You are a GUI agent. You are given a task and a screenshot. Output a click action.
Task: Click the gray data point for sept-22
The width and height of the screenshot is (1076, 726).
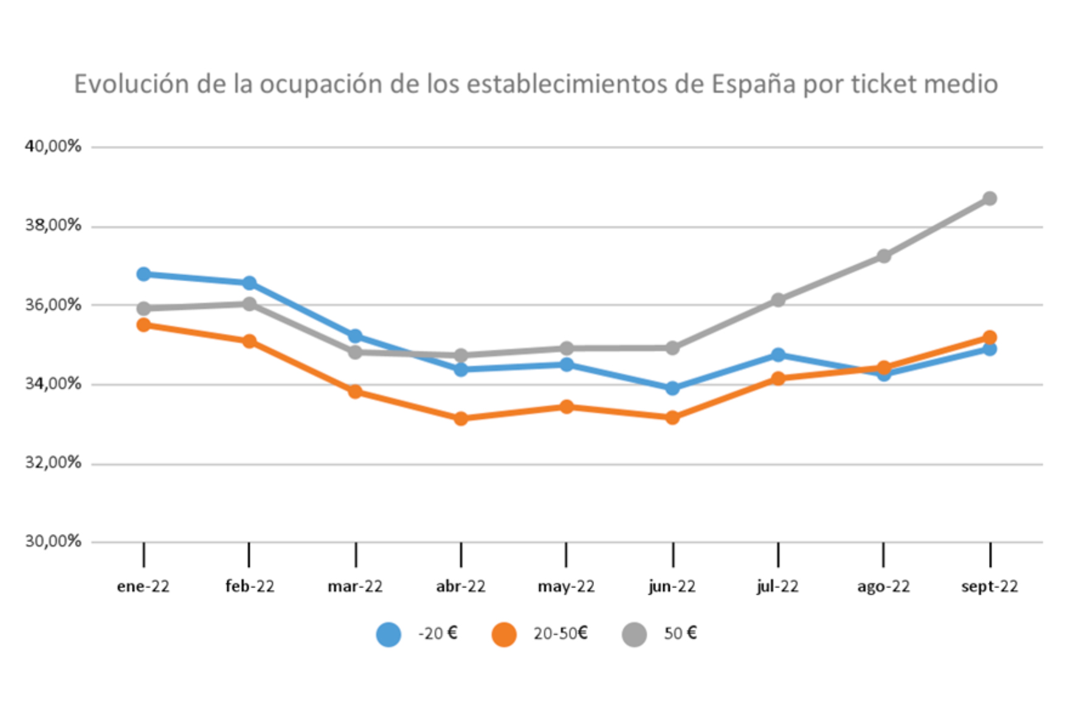click(990, 199)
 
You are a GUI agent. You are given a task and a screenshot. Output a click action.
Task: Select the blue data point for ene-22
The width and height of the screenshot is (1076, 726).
click(143, 274)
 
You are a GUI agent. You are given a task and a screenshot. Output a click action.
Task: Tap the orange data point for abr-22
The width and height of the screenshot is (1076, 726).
click(461, 419)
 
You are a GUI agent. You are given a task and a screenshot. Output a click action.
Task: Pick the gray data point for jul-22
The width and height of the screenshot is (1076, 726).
click(778, 300)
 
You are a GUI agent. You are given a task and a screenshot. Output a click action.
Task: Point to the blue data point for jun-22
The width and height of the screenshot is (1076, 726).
click(672, 388)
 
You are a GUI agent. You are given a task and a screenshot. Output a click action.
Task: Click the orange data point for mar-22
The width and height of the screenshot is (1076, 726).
click(355, 391)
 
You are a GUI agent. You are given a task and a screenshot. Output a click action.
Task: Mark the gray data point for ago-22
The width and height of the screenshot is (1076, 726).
click(884, 256)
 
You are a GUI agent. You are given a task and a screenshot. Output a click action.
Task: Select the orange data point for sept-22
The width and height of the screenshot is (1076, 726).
click(990, 337)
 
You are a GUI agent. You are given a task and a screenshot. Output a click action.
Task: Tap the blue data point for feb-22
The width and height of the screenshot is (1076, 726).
click(249, 283)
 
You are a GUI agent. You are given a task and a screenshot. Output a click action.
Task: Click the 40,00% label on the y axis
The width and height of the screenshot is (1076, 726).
click(53, 146)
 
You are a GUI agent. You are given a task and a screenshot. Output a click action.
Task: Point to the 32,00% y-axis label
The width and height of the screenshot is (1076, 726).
click(53, 463)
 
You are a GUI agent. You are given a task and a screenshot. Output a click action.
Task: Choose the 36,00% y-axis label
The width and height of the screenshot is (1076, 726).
click(53, 305)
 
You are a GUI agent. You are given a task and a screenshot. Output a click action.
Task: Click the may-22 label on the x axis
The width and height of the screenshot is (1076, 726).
click(566, 586)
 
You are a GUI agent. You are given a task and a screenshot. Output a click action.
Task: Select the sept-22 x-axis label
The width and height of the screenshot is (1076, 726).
click(990, 586)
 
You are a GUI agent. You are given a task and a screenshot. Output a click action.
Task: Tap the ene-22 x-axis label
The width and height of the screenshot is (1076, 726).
click(143, 586)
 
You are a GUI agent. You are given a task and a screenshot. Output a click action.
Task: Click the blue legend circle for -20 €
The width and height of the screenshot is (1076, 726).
click(388, 634)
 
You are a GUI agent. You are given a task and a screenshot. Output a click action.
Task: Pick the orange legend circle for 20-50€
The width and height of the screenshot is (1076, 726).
click(504, 634)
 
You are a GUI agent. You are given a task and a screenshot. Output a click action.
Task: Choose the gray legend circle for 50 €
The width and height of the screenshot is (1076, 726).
click(634, 634)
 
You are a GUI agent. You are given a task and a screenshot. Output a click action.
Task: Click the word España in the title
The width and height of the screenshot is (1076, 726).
click(753, 84)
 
